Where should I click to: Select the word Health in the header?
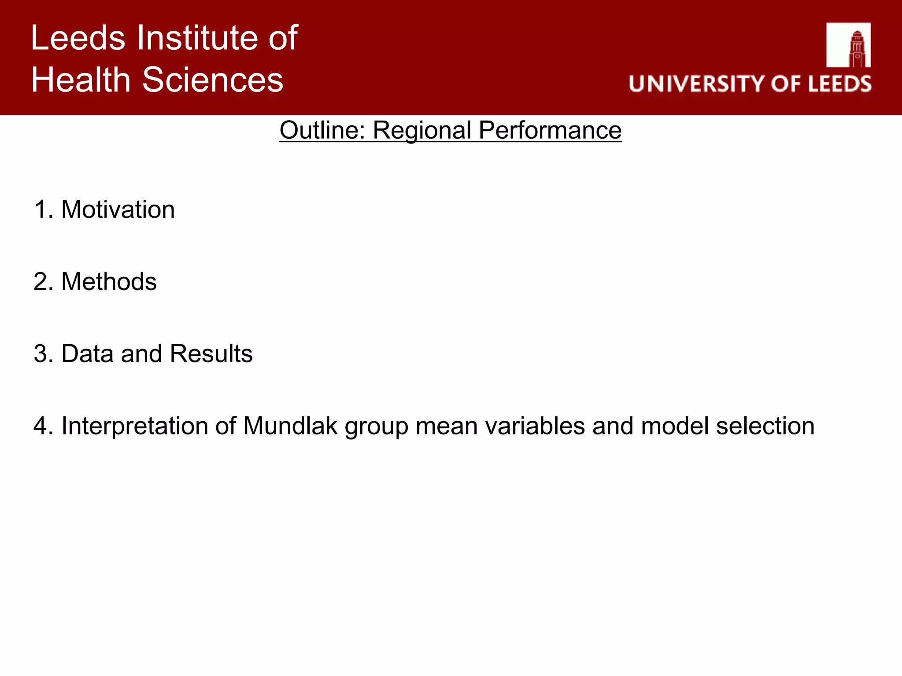pyautogui.click(x=81, y=80)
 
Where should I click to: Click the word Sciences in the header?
pyautogui.click(x=213, y=80)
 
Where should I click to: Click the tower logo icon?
pyautogui.click(x=848, y=45)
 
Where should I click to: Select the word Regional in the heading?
pyautogui.click(x=422, y=130)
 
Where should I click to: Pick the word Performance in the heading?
pyautogui.click(x=550, y=130)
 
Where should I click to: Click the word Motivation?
pyautogui.click(x=118, y=209)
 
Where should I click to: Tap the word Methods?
pyautogui.click(x=109, y=282)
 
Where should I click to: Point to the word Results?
pyautogui.click(x=211, y=354)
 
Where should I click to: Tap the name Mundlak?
pyautogui.click(x=290, y=426)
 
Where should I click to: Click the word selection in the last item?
pyautogui.click(x=765, y=426)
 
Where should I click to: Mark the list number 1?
pyautogui.click(x=41, y=209)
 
